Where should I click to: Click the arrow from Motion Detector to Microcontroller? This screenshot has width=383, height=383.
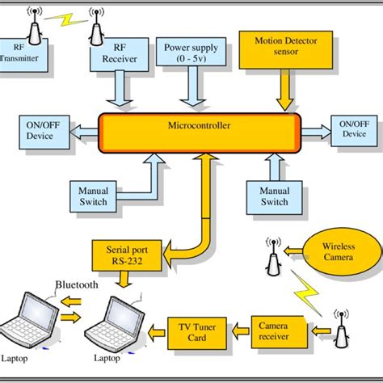click(x=283, y=90)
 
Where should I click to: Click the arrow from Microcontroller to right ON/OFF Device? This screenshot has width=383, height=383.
click(x=315, y=128)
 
